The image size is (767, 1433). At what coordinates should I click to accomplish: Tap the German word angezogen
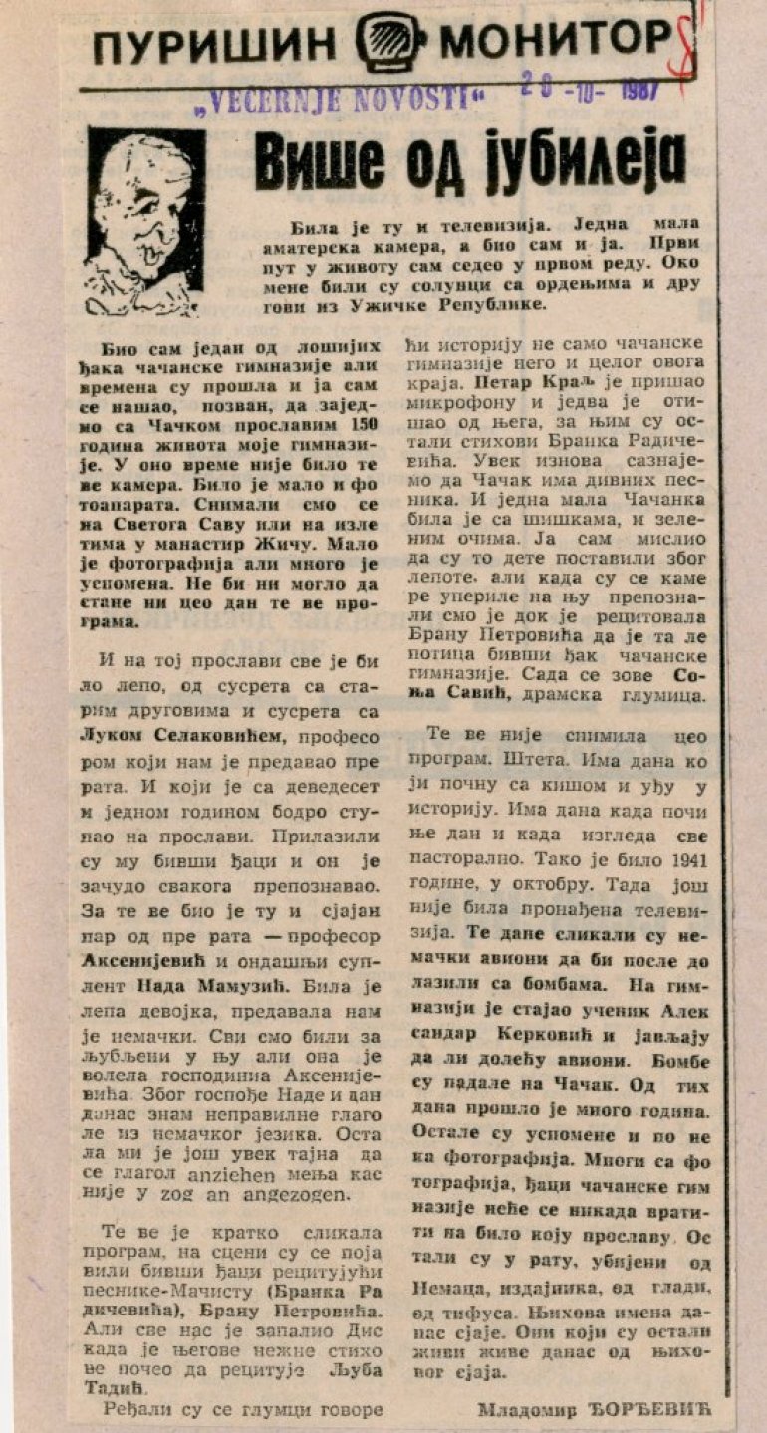coord(295,1195)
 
